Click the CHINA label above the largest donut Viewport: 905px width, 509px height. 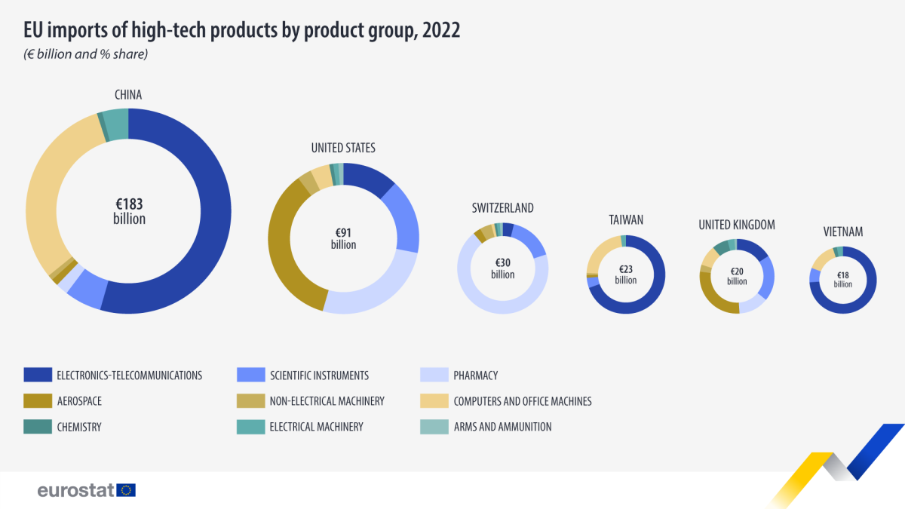pyautogui.click(x=128, y=95)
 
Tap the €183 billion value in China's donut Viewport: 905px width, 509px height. pyautogui.click(x=129, y=211)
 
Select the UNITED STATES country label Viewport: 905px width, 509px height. pyautogui.click(x=343, y=148)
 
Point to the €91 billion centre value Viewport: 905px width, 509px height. pyautogui.click(x=343, y=238)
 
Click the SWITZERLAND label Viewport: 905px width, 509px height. pyautogui.click(x=502, y=207)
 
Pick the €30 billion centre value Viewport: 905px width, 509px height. pyautogui.click(x=502, y=268)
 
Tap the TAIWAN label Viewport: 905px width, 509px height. pyautogui.click(x=626, y=220)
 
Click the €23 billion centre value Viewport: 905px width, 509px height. pyautogui.click(x=626, y=274)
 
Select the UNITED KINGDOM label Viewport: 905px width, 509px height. pyautogui.click(x=737, y=225)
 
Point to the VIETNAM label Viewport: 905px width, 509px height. pyautogui.click(x=843, y=232)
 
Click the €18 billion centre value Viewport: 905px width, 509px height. pyautogui.click(x=843, y=280)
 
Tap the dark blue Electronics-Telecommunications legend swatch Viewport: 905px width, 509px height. pyautogui.click(x=37, y=375)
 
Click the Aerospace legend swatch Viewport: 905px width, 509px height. pyautogui.click(x=37, y=401)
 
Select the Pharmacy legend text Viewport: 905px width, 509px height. pyautogui.click(x=475, y=375)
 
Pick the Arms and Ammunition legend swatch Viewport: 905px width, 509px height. pyautogui.click(x=434, y=427)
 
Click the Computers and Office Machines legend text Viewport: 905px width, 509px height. pyautogui.click(x=522, y=401)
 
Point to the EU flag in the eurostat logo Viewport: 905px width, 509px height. pyautogui.click(x=127, y=490)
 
